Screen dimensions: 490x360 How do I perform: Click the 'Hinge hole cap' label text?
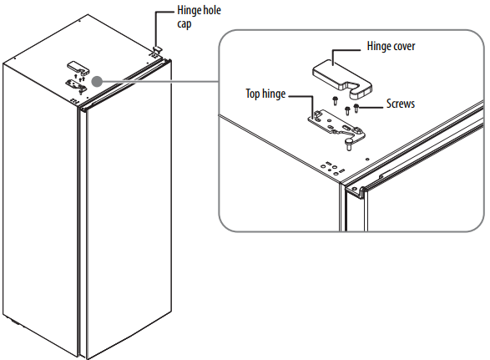pos(199,17)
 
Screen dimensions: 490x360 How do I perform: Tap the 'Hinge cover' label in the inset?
pos(391,46)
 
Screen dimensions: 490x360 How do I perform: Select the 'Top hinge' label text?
pos(265,94)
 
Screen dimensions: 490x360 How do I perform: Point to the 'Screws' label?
pos(401,104)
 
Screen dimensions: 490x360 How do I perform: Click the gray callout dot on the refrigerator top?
pos(97,81)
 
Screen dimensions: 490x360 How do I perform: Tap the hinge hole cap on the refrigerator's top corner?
pos(157,48)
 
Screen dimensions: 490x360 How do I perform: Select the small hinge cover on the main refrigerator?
pos(78,68)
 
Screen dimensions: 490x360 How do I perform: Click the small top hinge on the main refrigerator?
pos(75,84)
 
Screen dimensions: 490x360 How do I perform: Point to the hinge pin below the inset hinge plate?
pos(348,145)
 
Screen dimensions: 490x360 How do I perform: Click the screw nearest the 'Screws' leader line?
pos(356,109)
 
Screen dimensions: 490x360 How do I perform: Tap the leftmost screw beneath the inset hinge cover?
pos(335,101)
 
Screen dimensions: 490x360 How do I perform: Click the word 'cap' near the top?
pos(184,25)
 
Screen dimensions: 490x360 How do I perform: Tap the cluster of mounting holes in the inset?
pos(332,169)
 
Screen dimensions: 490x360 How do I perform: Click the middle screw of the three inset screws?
pos(347,111)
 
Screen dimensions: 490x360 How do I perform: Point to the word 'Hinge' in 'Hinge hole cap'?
pos(188,11)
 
